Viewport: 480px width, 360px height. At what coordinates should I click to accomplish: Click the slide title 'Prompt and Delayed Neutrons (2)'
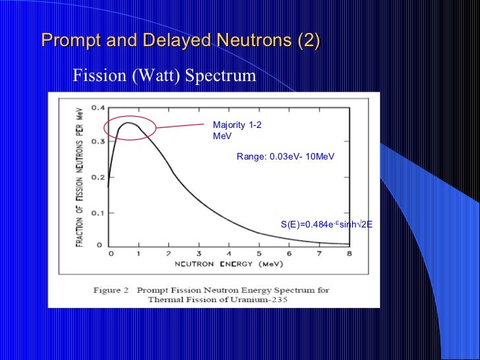tap(181, 41)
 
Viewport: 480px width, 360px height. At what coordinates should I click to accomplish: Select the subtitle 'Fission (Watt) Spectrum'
tap(164, 76)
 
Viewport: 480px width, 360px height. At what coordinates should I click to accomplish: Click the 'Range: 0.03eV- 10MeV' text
tap(285, 157)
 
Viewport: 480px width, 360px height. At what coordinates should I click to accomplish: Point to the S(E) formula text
tap(326, 224)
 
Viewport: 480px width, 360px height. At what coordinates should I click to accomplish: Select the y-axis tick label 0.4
tap(96, 107)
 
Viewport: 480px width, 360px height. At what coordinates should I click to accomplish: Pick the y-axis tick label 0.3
tap(96, 142)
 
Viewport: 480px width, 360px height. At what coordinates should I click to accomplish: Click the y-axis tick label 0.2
tap(96, 177)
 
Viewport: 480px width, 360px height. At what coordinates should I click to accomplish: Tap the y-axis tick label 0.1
tap(96, 212)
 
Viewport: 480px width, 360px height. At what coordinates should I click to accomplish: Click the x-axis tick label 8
tap(348, 254)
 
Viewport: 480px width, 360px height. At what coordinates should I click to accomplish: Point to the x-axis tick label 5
tap(259, 254)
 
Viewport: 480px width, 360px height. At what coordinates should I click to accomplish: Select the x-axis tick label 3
tap(199, 254)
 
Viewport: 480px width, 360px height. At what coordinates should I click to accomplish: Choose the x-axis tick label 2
tap(169, 254)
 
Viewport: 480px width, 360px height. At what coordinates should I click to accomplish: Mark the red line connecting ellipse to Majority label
tap(181, 125)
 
